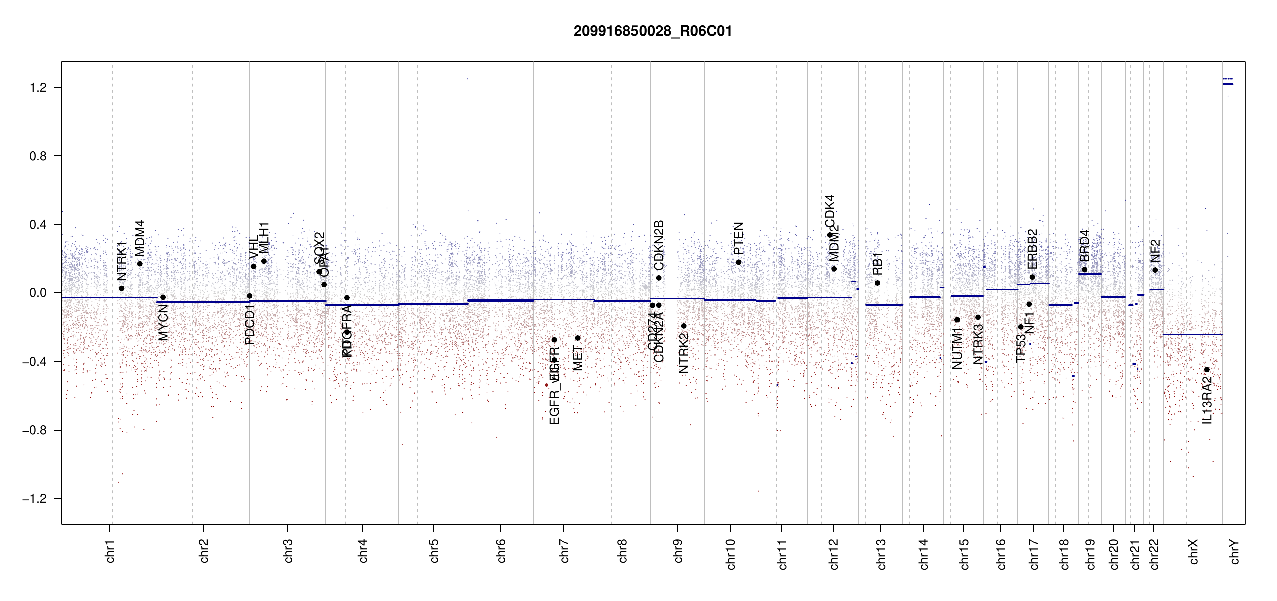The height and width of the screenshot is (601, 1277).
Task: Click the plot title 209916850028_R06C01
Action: pos(653,31)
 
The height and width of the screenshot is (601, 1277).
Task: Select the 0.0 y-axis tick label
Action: pos(38,293)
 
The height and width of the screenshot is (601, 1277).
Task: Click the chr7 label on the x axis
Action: pos(564,551)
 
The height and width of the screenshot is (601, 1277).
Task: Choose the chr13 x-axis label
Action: pos(881,554)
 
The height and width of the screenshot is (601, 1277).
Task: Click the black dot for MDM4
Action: pos(140,264)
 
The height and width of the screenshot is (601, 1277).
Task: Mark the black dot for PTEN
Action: pos(738,262)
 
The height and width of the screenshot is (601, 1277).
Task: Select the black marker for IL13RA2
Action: pos(1207,370)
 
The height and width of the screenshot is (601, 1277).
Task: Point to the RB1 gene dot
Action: pos(877,283)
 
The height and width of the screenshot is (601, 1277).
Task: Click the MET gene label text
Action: pos(578,358)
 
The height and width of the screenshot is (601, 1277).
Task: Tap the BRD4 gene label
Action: pos(1084,246)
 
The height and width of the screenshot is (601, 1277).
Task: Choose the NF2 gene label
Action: pos(1155,251)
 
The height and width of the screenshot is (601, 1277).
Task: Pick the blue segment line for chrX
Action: pos(1192,334)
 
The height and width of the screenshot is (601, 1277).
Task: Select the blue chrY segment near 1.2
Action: pos(1228,84)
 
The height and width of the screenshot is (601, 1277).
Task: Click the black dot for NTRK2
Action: pos(684,326)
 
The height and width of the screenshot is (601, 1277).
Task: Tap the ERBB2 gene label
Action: pos(1032,249)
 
